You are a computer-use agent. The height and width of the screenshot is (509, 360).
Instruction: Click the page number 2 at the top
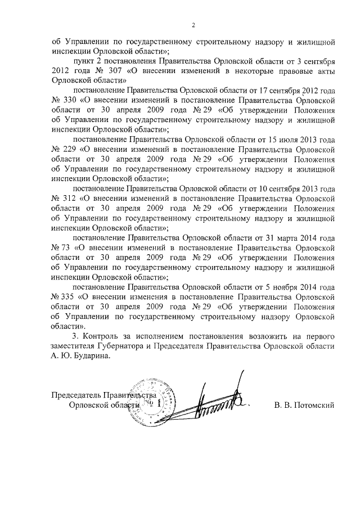click(192, 25)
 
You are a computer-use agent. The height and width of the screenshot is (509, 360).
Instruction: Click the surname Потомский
click(316, 405)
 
